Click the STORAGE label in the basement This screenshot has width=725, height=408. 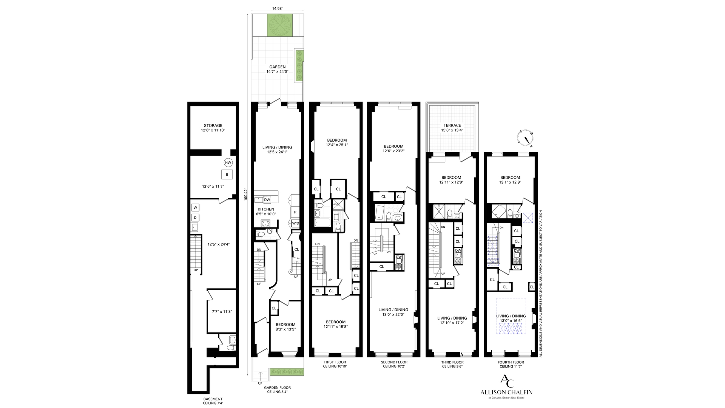coord(213,125)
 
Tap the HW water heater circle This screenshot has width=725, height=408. coord(228,163)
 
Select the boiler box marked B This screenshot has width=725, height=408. coord(227,175)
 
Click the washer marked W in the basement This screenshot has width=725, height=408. coord(195,207)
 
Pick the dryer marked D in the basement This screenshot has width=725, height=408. coord(195,218)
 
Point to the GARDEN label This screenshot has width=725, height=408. coord(278,67)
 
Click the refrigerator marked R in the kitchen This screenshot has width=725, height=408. coord(295,212)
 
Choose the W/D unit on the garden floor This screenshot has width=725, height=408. coord(295,223)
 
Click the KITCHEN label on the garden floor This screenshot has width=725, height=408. coord(266,209)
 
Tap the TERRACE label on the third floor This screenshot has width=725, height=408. coord(452,125)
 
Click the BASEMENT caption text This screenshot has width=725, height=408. coord(213,399)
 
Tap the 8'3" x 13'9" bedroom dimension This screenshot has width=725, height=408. coord(285,329)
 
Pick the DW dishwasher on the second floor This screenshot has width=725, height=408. coord(399,257)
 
